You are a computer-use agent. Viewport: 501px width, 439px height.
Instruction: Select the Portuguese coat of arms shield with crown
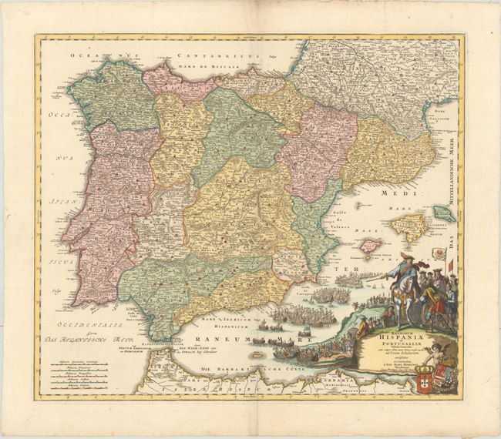[x=402, y=379]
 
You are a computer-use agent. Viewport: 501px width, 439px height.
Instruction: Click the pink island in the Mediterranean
[x=371, y=246]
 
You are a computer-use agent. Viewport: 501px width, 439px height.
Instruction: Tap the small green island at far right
[x=444, y=213]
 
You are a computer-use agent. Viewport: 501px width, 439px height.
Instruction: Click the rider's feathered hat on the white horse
[x=405, y=256]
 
